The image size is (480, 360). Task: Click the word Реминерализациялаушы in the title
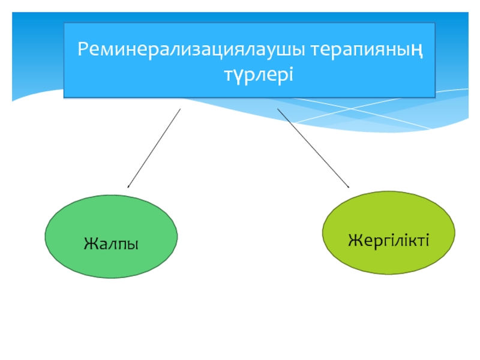[191, 49]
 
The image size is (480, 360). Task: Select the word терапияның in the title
[367, 50]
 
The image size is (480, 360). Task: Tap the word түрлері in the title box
[259, 74]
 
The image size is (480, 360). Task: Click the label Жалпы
[111, 244]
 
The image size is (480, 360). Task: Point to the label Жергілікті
[388, 241]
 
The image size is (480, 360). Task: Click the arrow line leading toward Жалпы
[154, 148]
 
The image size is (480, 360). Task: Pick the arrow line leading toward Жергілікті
[313, 148]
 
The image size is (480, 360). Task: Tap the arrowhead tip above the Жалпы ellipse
[128, 187]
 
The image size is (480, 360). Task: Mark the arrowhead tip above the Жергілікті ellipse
[349, 187]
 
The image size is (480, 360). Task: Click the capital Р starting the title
[83, 49]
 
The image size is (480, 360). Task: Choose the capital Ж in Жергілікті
[356, 240]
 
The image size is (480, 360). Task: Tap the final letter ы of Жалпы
[132, 245]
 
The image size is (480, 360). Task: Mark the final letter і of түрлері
[291, 74]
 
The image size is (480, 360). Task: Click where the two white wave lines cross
[352, 109]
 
